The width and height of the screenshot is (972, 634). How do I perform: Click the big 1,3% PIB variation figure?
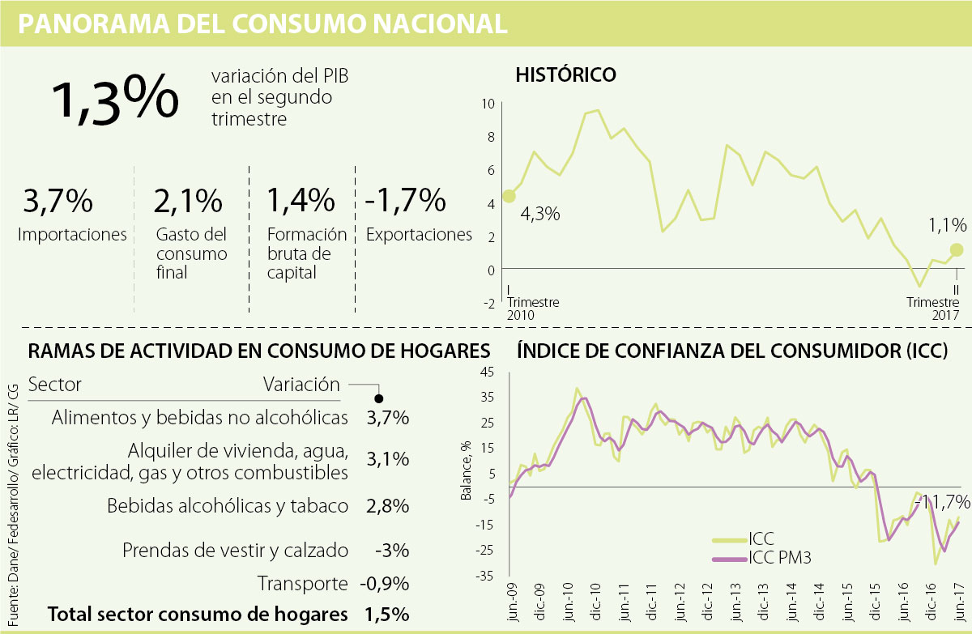point(115,99)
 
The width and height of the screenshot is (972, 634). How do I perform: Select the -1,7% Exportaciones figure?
point(406,200)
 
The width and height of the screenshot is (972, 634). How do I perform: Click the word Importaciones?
point(73,235)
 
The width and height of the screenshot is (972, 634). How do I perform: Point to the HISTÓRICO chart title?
point(566,75)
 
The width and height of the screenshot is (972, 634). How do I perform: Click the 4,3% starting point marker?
point(509,195)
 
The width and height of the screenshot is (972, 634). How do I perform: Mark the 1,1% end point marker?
point(957,249)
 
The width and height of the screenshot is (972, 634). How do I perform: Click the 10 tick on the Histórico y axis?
point(488,104)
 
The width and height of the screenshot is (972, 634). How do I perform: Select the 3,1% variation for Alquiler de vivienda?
point(387,460)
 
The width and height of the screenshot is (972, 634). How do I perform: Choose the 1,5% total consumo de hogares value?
point(387,615)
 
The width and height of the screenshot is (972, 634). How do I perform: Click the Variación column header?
point(301,384)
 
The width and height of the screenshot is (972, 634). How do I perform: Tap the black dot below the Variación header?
point(379,398)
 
